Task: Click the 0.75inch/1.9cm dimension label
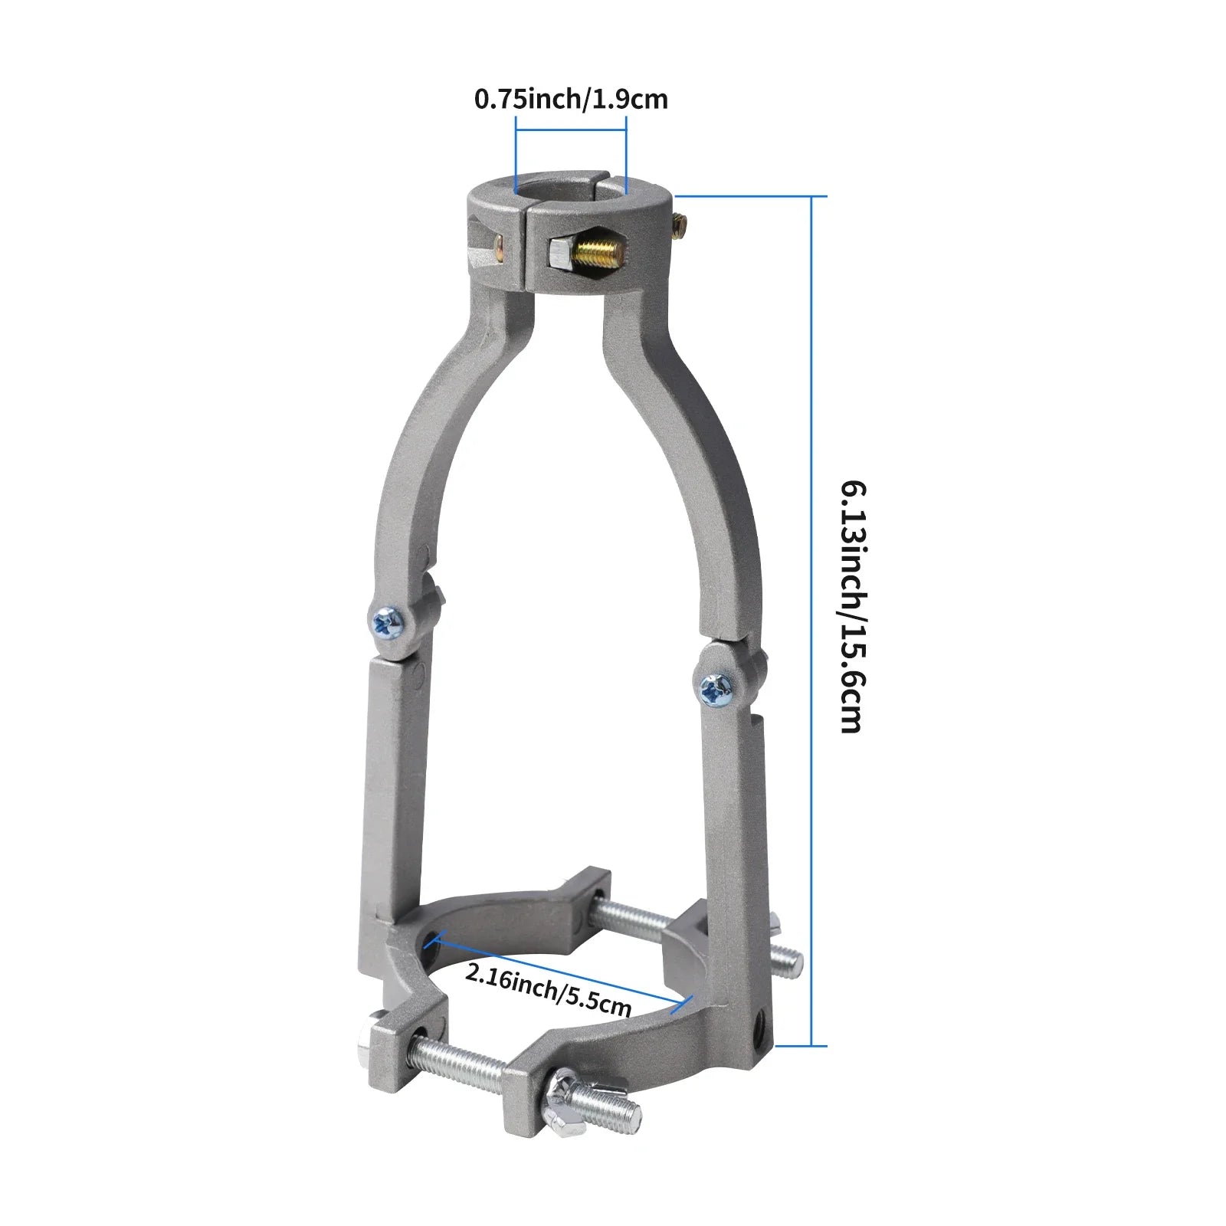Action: [571, 99]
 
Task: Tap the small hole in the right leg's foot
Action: [759, 1024]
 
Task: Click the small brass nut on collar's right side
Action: [679, 223]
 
